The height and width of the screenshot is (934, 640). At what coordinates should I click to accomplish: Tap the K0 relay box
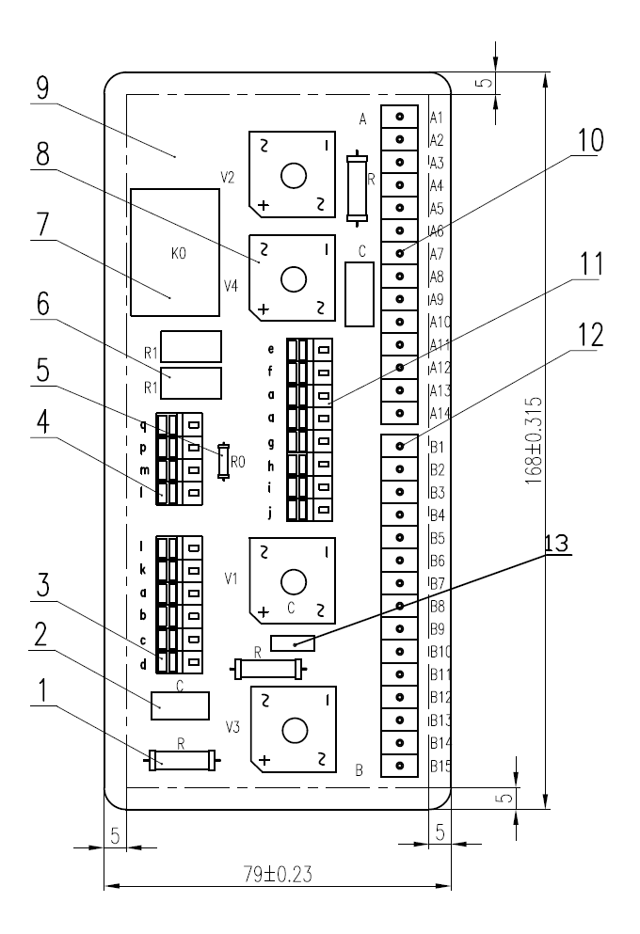pos(176,251)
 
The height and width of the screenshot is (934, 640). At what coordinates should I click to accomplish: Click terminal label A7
pos(436,255)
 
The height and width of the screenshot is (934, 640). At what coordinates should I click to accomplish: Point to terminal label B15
pos(440,767)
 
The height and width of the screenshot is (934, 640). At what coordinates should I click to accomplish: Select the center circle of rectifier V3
pos(294,731)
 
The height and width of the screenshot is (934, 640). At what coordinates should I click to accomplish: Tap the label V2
pos(227,176)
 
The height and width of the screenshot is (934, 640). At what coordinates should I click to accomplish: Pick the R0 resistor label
pos(239,463)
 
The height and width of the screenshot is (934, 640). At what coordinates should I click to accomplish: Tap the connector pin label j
pos(271,512)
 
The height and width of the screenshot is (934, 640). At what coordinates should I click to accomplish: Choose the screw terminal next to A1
pos(400,117)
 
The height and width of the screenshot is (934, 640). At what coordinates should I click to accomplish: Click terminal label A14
pos(438,413)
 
